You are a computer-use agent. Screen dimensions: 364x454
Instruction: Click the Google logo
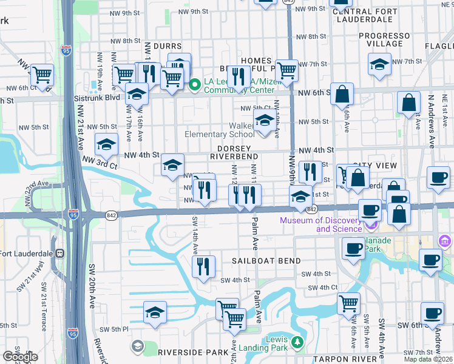tap(19, 357)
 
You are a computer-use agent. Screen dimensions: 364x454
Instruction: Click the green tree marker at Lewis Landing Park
tap(297, 343)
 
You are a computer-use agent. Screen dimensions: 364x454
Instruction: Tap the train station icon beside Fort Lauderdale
tap(61, 254)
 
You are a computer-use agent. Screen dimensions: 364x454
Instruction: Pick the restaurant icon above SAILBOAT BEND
tap(203, 266)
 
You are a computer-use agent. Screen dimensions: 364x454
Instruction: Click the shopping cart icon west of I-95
tap(42, 75)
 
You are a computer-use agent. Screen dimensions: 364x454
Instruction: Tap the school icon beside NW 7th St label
tap(379, 64)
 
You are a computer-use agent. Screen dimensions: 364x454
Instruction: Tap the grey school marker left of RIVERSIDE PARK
tap(138, 346)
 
